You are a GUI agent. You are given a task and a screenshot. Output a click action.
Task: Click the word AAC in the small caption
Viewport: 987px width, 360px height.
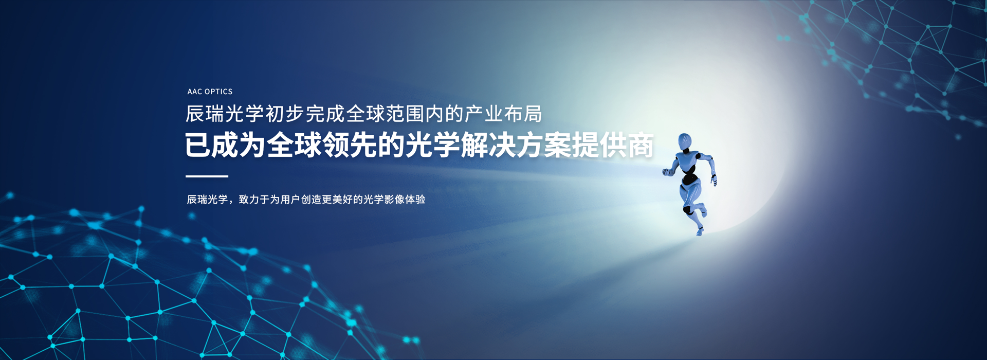(x=195, y=92)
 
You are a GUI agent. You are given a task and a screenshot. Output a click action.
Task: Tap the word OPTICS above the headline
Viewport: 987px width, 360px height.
(x=218, y=92)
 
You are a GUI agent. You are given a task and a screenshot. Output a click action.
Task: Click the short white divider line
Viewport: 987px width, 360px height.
(x=207, y=176)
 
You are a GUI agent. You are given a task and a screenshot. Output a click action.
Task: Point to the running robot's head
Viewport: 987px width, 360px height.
(x=685, y=141)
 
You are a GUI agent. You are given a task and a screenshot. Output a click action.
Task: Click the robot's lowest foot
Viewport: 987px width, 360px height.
(x=700, y=232)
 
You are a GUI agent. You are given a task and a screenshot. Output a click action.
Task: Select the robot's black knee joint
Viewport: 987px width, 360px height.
(x=687, y=210)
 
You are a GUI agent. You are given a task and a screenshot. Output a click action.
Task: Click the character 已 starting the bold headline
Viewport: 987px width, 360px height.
(x=198, y=145)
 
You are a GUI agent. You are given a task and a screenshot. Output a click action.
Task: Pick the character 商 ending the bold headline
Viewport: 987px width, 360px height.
(x=640, y=145)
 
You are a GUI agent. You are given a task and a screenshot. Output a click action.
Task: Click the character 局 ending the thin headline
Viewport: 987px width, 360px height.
(x=533, y=114)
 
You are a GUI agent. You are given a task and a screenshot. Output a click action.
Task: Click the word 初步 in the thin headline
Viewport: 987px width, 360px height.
(x=285, y=114)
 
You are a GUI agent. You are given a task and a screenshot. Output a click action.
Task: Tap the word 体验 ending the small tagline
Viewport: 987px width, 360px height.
(x=415, y=200)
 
